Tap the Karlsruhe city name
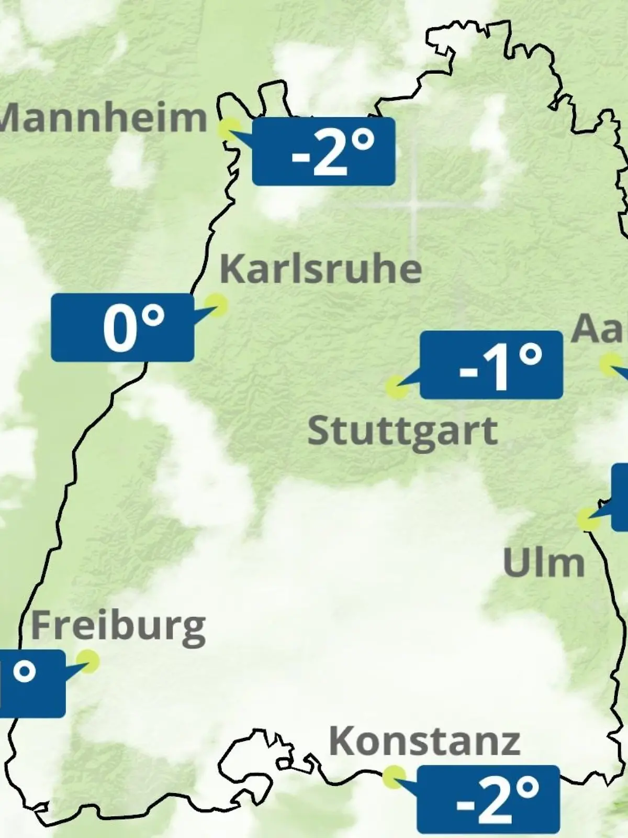pyautogui.click(x=320, y=269)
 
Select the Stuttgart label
pyautogui.click(x=402, y=432)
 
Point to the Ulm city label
pyautogui.click(x=544, y=564)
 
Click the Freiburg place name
pyautogui.click(x=118, y=626)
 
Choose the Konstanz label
pyautogui.click(x=424, y=741)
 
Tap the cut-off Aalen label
pyautogui.click(x=600, y=329)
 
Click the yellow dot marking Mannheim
pyautogui.click(x=229, y=128)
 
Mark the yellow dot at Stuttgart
pyautogui.click(x=397, y=388)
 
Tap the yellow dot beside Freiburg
pyautogui.click(x=87, y=661)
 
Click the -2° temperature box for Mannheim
pyautogui.click(x=323, y=152)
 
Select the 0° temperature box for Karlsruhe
pyautogui.click(x=122, y=327)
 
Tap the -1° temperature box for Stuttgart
pyautogui.click(x=491, y=365)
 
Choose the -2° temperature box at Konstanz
pyautogui.click(x=488, y=799)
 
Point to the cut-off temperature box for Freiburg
pyautogui.click(x=31, y=683)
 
